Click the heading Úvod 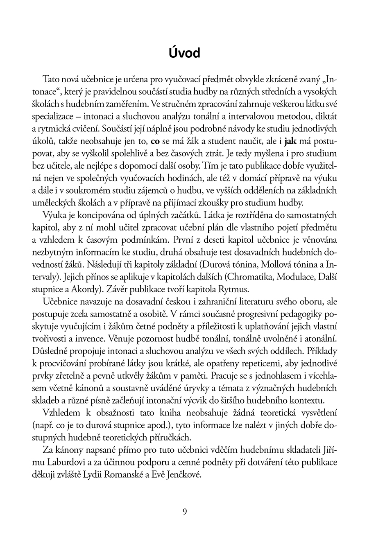184,53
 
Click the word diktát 326,116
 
